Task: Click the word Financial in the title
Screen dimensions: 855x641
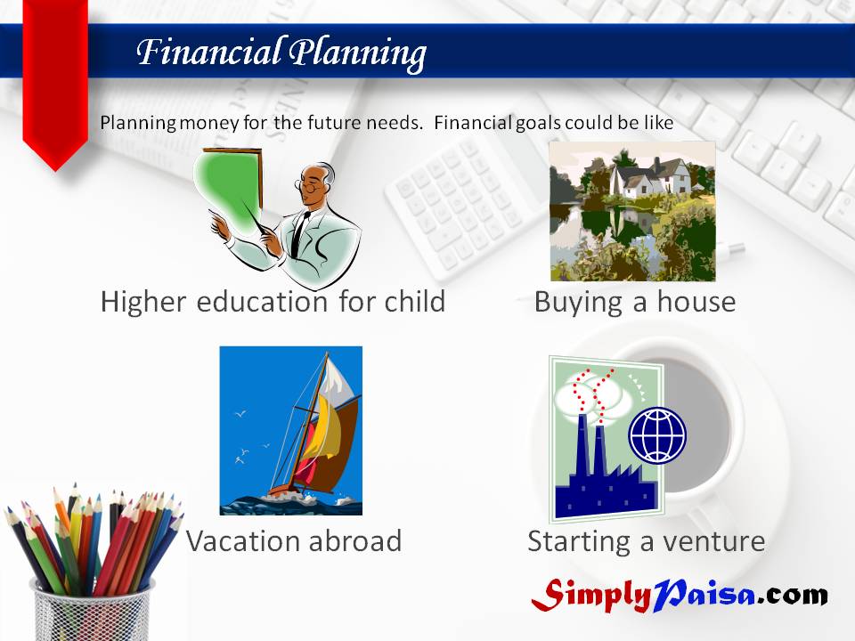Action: point(208,52)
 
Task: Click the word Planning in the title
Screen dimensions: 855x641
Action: point(357,54)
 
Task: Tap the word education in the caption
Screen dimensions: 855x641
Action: point(262,302)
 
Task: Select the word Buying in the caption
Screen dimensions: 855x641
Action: point(578,303)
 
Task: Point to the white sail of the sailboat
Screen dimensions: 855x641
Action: point(339,382)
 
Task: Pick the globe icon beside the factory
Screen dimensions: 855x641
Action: point(657,435)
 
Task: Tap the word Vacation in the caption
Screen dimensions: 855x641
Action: point(243,541)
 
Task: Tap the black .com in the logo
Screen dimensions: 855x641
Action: point(793,595)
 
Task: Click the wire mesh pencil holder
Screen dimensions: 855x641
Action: point(92,611)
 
